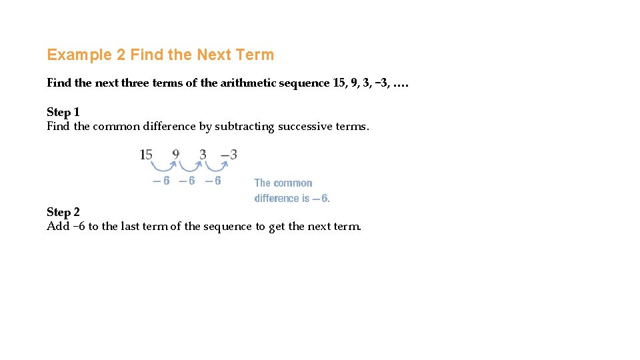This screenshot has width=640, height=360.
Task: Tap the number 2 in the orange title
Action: [x=121, y=55]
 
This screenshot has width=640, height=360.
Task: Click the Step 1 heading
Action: [x=63, y=112]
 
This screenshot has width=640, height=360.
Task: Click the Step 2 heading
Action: [x=63, y=212]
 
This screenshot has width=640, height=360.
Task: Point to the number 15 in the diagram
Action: [x=146, y=155]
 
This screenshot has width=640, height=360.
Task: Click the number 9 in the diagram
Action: [x=175, y=155]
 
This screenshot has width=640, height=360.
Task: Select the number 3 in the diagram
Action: [x=203, y=155]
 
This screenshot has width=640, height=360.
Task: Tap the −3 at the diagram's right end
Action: [x=229, y=155]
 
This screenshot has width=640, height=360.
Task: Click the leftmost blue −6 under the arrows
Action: [x=162, y=181]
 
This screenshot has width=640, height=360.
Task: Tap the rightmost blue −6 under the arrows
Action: [x=213, y=181]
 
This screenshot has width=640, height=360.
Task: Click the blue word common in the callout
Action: [x=293, y=183]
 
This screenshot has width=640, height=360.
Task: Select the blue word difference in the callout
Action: [x=277, y=198]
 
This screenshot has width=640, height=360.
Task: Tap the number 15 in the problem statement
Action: [x=340, y=83]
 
